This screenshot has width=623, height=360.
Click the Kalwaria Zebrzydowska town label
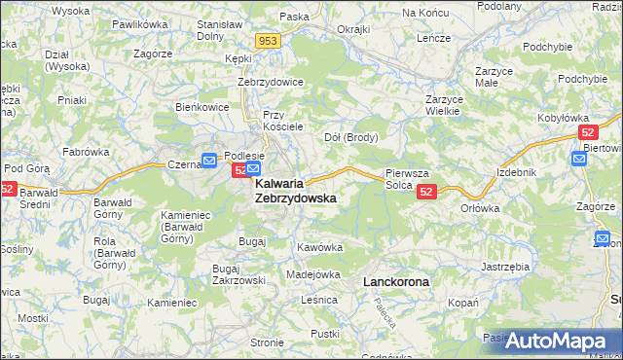click(295, 190)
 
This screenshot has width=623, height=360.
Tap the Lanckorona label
click(395, 281)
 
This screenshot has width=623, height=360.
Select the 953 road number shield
click(269, 41)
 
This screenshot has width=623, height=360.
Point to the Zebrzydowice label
click(271, 82)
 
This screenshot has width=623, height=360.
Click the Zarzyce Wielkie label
click(442, 105)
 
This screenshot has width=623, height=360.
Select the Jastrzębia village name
click(505, 266)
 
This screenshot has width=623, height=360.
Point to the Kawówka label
click(320, 247)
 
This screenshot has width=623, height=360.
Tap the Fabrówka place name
click(86, 152)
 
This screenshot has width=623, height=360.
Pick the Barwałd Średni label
click(43, 198)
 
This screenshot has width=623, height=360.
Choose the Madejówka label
click(312, 274)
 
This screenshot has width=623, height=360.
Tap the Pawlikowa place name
click(139, 22)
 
